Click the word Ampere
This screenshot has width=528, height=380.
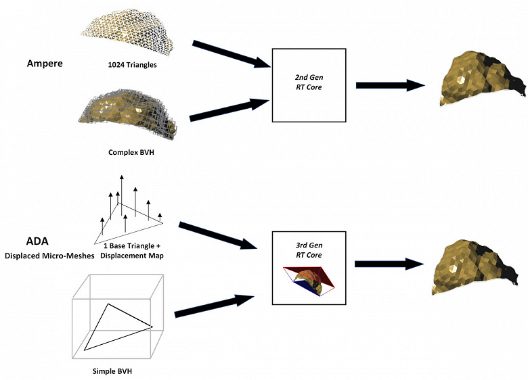[45, 64]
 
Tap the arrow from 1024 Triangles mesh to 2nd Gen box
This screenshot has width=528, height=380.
[230, 55]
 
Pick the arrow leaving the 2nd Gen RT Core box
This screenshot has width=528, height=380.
[389, 85]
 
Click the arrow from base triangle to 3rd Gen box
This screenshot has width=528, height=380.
[217, 234]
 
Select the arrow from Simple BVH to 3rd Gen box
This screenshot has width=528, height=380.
[214, 305]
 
